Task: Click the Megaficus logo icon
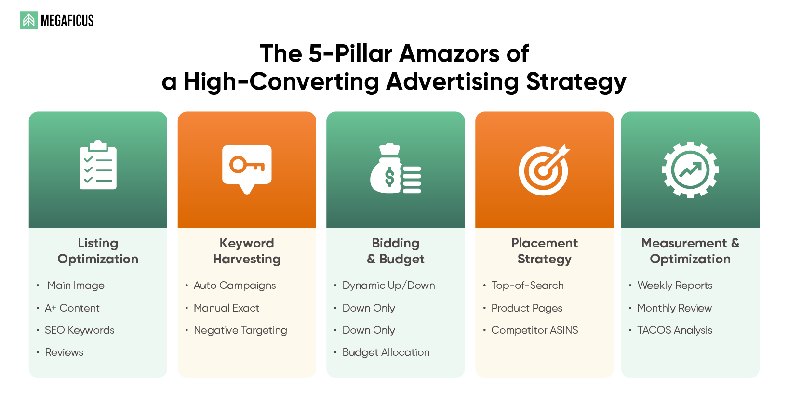28,20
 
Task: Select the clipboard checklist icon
98,165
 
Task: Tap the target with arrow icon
544,169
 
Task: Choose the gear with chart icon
690,169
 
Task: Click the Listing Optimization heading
98,251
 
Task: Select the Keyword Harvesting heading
247,251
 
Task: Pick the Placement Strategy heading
544,251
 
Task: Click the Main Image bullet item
76,286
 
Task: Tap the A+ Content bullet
72,308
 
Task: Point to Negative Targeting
240,330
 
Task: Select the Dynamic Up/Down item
388,286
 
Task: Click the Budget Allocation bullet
386,352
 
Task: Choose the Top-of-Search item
527,286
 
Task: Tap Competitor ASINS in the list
534,330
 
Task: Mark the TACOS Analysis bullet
674,330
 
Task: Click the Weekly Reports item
675,286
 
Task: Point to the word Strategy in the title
576,82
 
